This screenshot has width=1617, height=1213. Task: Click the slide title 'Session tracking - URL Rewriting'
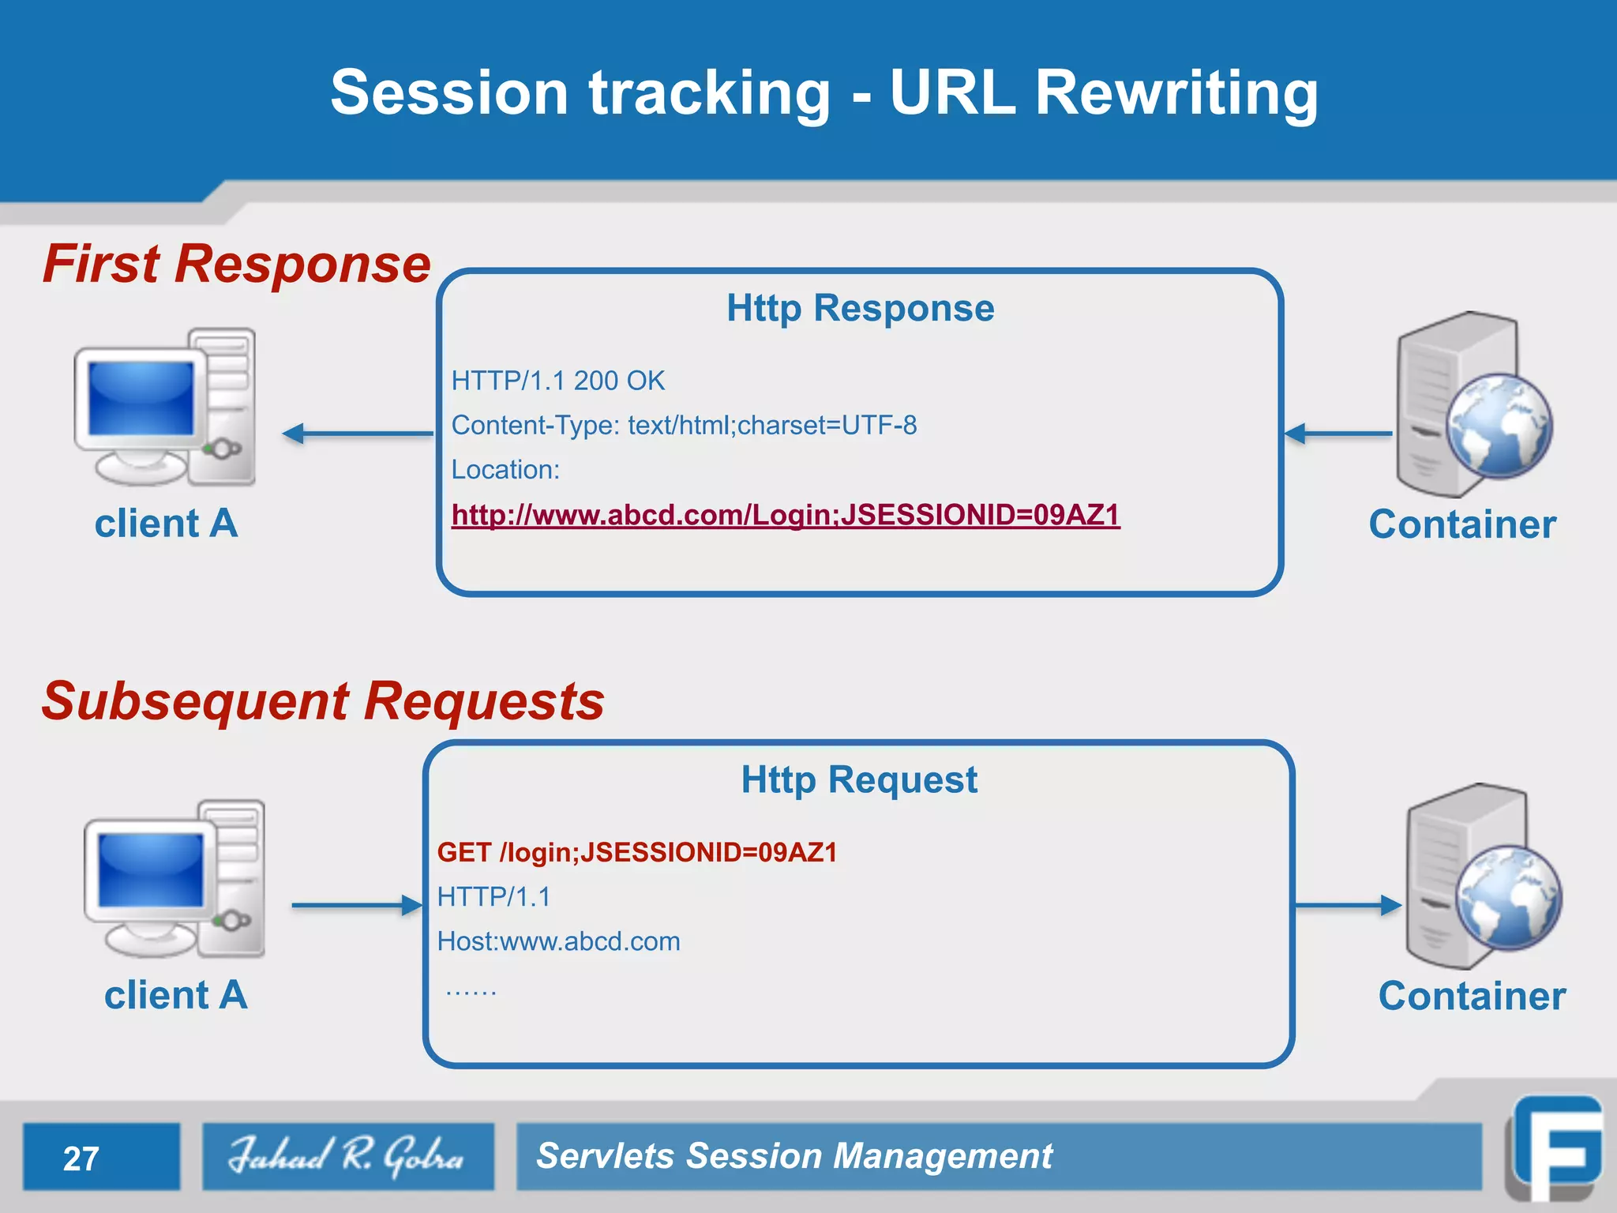pos(824,93)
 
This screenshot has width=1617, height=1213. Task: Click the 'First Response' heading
pos(237,264)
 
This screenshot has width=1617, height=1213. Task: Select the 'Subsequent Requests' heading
pos(323,701)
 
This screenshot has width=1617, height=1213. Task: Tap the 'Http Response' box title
pos(860,308)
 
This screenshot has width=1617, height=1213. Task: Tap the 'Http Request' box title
pos(859,780)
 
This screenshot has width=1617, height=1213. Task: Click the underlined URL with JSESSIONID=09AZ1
pos(786,515)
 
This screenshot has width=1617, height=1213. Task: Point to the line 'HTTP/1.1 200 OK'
pos(558,381)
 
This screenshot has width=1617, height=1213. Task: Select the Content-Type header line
pos(684,426)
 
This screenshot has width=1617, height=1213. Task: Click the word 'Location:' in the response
pos(505,470)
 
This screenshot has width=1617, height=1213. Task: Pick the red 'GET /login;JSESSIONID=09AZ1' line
pos(637,853)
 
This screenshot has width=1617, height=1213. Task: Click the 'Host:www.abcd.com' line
pos(558,941)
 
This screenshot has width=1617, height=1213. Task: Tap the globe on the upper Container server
pos(1499,426)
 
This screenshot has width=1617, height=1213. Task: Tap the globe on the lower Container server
pos(1508,897)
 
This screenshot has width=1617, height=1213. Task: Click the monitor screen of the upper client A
pos(141,399)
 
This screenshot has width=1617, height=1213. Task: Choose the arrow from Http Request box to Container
pos(1347,905)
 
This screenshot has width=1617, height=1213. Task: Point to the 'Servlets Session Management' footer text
pos(793,1156)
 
